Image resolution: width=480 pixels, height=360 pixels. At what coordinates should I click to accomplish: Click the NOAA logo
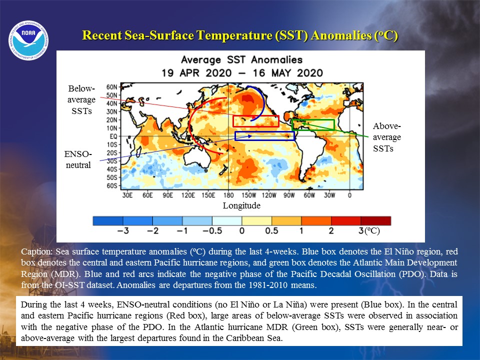click(28, 40)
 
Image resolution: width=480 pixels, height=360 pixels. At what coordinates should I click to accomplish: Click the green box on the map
click(313, 119)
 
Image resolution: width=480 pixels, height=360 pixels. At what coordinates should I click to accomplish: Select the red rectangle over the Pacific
click(256, 116)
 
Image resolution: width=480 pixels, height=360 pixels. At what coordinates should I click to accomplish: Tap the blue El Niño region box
click(264, 132)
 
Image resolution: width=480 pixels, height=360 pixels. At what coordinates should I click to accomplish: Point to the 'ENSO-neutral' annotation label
click(78, 159)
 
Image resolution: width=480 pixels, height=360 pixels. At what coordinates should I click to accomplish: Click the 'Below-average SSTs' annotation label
click(81, 99)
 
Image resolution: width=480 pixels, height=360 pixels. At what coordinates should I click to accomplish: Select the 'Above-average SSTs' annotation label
click(386, 137)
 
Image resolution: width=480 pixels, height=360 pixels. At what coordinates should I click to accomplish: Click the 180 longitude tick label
click(228, 195)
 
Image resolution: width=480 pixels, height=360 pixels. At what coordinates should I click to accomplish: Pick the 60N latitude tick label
click(111, 87)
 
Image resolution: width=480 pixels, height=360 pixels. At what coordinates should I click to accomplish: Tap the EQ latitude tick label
click(113, 136)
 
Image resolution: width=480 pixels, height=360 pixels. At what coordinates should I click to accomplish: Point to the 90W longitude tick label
click(288, 195)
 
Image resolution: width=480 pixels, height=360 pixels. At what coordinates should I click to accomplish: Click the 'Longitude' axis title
click(241, 205)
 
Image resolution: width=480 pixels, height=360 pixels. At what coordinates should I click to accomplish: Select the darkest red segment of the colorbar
click(376, 220)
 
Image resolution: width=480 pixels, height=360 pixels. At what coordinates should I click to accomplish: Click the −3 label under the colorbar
click(123, 230)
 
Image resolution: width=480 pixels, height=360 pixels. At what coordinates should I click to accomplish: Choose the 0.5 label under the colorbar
click(271, 230)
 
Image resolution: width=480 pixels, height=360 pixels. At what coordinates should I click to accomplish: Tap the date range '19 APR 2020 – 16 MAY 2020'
click(242, 73)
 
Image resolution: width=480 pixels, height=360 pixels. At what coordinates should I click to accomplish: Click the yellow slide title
click(240, 35)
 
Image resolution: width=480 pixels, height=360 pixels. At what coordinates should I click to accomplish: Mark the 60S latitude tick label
click(111, 185)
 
